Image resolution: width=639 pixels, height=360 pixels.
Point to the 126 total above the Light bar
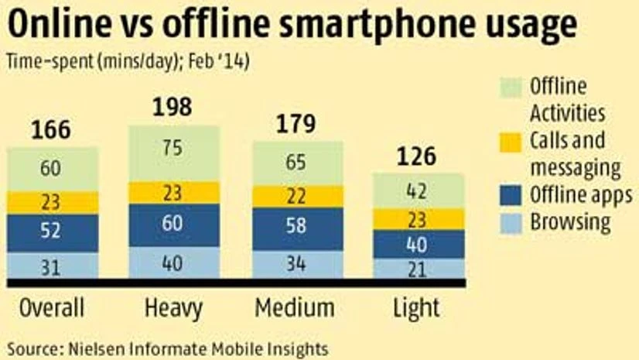pos(419,156)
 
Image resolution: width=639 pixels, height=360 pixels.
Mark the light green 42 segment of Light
pos(419,190)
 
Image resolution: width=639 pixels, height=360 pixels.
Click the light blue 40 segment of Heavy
pos(173,263)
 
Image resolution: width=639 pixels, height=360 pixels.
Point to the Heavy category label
pos(173,308)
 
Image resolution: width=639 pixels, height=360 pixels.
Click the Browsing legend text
pos(569,224)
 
